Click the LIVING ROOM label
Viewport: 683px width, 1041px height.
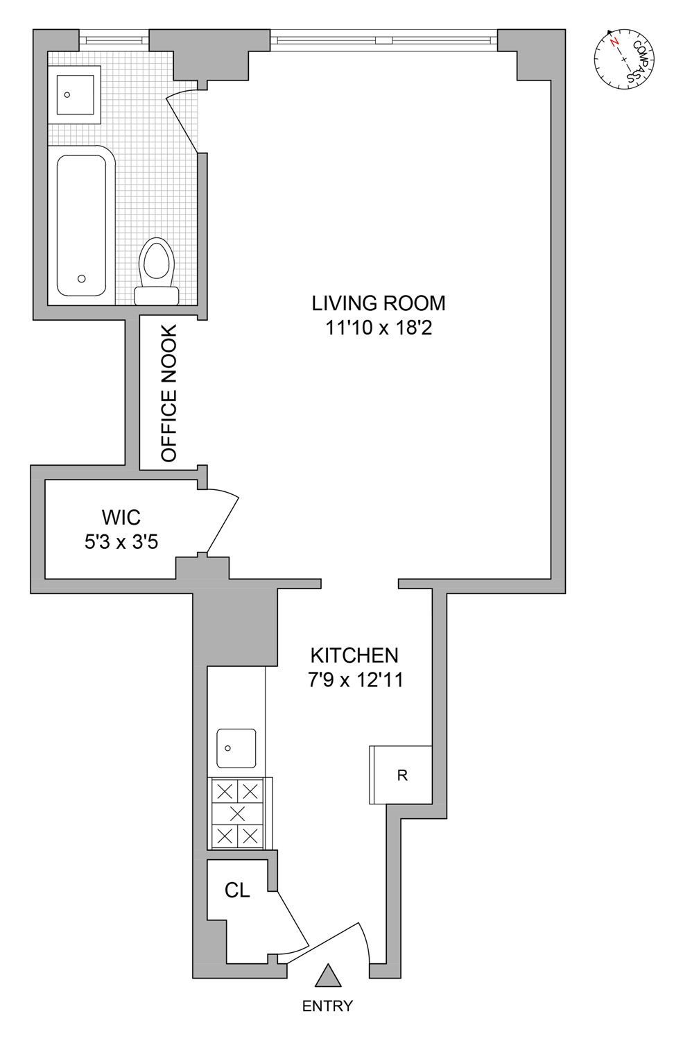pyautogui.click(x=378, y=303)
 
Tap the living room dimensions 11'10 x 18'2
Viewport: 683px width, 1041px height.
pyautogui.click(x=379, y=328)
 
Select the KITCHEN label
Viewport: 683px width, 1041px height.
pyautogui.click(x=354, y=655)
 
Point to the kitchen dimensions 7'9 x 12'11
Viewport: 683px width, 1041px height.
pyautogui.click(x=355, y=679)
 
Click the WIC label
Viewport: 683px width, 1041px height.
pyautogui.click(x=121, y=518)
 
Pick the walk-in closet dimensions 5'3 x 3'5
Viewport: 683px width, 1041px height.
pyautogui.click(x=121, y=541)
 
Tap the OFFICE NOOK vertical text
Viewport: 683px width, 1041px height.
pyautogui.click(x=169, y=393)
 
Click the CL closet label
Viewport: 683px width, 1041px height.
pyautogui.click(x=237, y=890)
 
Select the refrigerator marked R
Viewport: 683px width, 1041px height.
pyautogui.click(x=401, y=775)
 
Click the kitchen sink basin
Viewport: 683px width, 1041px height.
pyautogui.click(x=236, y=748)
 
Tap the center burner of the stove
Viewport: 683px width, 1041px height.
pyautogui.click(x=237, y=813)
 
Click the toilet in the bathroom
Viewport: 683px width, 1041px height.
pyautogui.click(x=156, y=271)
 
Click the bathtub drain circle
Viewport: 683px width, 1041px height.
pyautogui.click(x=82, y=279)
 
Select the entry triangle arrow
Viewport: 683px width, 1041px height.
pyautogui.click(x=328, y=976)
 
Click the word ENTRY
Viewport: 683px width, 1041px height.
pyautogui.click(x=327, y=1006)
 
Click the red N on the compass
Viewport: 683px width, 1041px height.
pyautogui.click(x=614, y=42)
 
